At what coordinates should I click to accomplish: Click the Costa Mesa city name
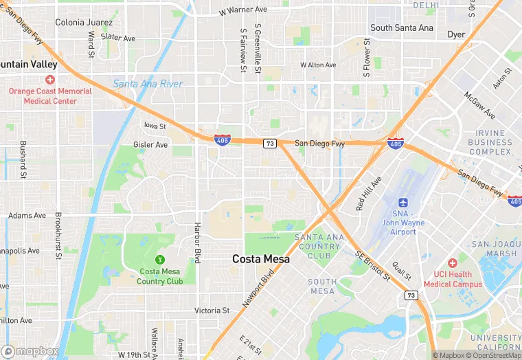[260, 259]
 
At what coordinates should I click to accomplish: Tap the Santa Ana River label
[148, 84]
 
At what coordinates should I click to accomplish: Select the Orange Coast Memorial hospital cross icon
[50, 80]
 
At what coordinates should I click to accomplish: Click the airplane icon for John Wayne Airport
[403, 203]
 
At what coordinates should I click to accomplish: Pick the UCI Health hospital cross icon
[452, 264]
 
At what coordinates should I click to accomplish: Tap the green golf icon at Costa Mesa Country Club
[160, 260]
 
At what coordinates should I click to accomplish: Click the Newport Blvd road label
[258, 288]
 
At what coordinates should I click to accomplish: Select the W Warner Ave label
[242, 10]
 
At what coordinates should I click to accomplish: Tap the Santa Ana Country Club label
[317, 246]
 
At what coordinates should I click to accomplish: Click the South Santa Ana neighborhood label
[402, 27]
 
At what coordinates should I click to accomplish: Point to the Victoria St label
[212, 311]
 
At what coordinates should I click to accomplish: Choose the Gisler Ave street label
[151, 145]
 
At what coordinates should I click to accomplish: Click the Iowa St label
[155, 126]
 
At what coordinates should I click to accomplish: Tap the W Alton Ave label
[318, 65]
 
